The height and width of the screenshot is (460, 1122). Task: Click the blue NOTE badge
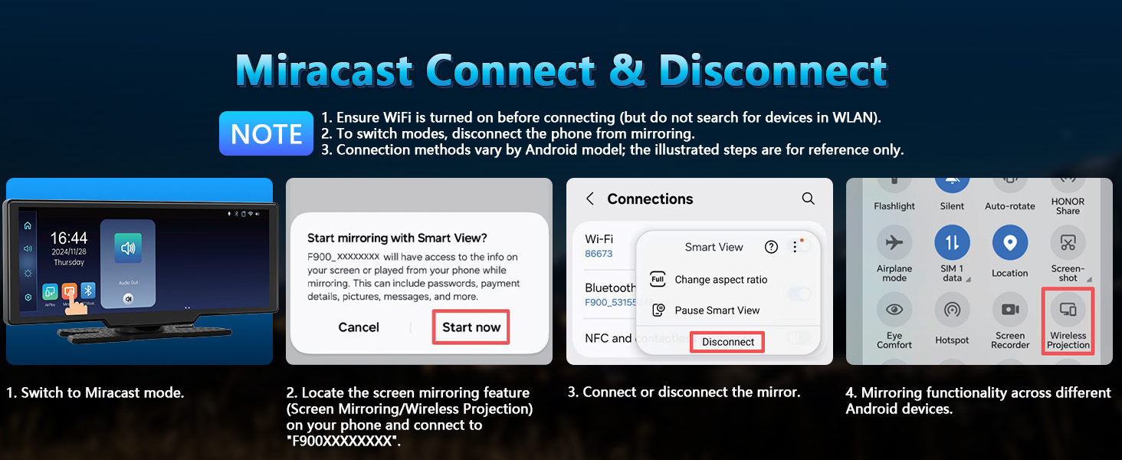click(x=266, y=134)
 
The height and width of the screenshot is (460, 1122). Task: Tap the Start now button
click(x=471, y=327)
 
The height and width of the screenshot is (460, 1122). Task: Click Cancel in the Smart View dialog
click(x=359, y=327)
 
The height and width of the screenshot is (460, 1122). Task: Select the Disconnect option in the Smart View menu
click(x=728, y=342)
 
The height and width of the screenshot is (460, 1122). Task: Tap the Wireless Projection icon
click(x=1068, y=310)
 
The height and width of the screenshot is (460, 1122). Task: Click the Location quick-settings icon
click(x=1009, y=244)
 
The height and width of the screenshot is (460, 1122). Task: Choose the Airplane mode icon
click(x=894, y=244)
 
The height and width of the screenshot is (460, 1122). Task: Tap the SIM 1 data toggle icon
click(x=952, y=244)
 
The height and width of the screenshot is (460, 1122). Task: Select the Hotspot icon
click(x=952, y=310)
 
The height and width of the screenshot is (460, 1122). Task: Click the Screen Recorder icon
click(x=1009, y=310)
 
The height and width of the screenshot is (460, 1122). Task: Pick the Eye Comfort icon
click(x=894, y=310)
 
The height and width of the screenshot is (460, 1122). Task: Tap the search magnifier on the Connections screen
click(x=808, y=199)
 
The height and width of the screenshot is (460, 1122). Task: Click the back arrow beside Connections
click(x=590, y=199)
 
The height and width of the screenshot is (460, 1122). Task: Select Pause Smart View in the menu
click(x=717, y=310)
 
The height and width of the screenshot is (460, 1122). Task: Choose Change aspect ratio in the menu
click(x=720, y=280)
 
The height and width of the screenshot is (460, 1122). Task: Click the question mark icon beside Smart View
click(x=772, y=247)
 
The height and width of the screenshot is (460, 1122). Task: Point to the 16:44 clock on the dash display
click(x=69, y=238)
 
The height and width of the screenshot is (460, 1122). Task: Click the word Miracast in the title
click(x=326, y=71)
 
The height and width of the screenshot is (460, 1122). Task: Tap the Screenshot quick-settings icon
click(x=1068, y=244)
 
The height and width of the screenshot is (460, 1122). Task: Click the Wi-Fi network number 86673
click(x=599, y=254)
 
